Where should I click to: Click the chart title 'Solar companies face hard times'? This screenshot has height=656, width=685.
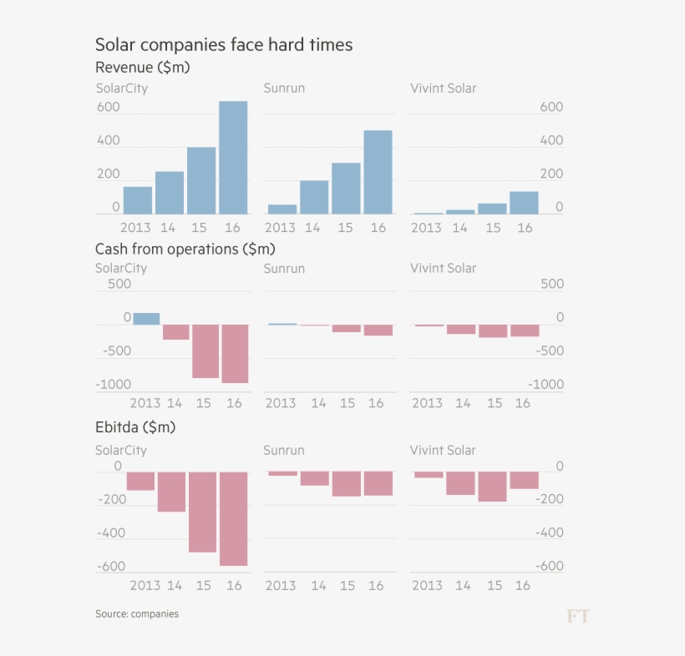[x=223, y=44]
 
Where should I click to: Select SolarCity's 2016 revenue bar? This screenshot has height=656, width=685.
[x=233, y=158]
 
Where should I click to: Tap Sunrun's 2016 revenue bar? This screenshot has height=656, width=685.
[x=378, y=172]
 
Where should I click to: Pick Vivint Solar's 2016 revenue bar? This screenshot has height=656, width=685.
[x=524, y=203]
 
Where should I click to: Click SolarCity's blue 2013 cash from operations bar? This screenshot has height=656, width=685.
[x=146, y=319]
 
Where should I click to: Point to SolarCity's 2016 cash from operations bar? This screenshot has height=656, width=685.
[x=235, y=354]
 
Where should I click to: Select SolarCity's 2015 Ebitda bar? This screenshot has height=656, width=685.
[x=203, y=512]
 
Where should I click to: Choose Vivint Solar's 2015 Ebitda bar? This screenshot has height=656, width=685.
[x=493, y=487]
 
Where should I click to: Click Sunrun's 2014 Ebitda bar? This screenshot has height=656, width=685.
[x=314, y=478]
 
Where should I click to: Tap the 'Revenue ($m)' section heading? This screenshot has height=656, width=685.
[x=142, y=68]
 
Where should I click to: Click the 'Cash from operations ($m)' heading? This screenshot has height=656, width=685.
[x=185, y=249]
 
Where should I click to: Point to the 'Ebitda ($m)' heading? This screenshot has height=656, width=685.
[x=134, y=427]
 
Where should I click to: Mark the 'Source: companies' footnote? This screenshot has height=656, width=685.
[x=136, y=614]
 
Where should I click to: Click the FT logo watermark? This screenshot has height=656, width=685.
[x=577, y=617]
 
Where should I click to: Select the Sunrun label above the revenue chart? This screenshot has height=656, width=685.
[x=284, y=88]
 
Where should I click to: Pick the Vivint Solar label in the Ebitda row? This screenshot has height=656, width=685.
[x=443, y=451]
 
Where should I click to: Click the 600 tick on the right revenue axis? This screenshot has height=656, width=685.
[x=551, y=108]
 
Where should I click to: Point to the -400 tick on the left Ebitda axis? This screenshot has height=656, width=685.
[x=110, y=533]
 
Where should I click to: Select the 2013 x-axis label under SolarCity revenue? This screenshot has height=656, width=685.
[x=136, y=228]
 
